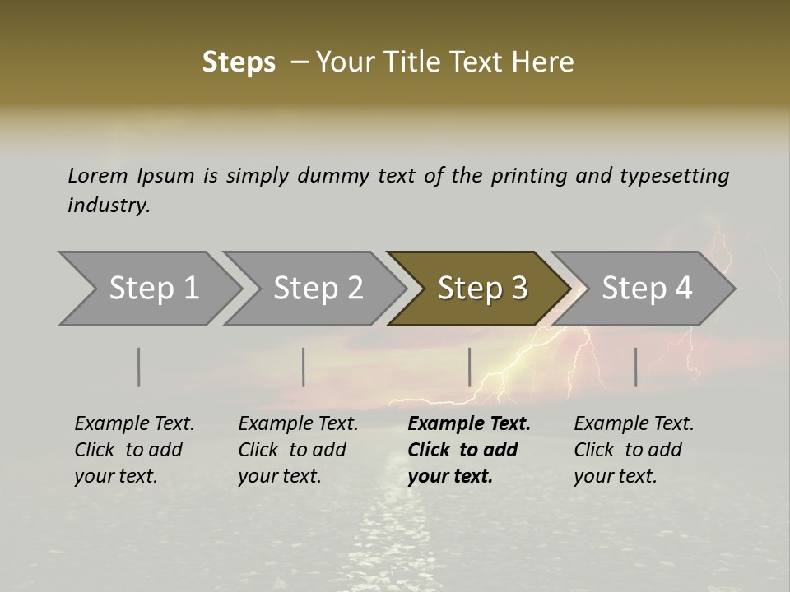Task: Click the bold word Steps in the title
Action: click(x=239, y=62)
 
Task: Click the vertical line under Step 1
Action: click(x=139, y=367)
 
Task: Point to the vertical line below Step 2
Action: click(x=304, y=367)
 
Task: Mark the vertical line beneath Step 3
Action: click(x=470, y=367)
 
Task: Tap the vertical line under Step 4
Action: click(x=636, y=367)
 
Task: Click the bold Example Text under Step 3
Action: click(x=469, y=450)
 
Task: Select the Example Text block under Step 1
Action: click(x=134, y=450)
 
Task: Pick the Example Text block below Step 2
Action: click(x=298, y=450)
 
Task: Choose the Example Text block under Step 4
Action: click(x=634, y=450)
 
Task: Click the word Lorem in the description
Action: click(x=98, y=175)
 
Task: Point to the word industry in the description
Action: click(x=109, y=206)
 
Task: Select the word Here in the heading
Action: click(x=545, y=62)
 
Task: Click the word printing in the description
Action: click(x=529, y=176)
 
